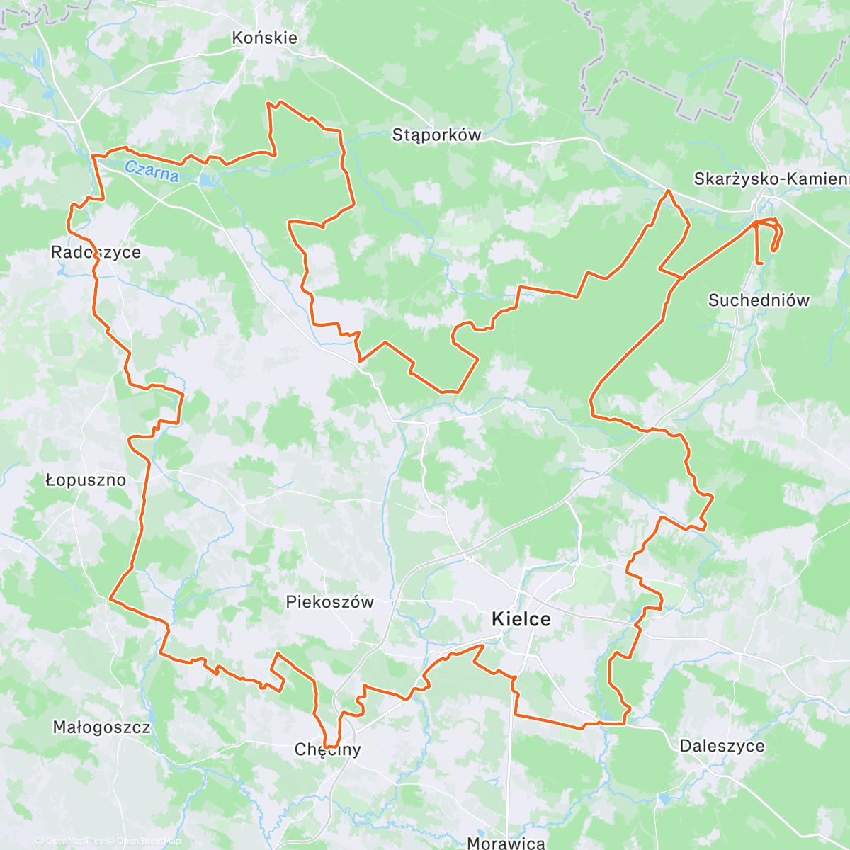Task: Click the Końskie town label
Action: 265,38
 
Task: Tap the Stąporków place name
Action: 436,135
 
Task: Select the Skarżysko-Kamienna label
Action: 771,179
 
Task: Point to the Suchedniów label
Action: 759,300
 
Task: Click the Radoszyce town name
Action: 96,252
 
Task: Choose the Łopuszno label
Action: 86,480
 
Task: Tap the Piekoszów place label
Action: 329,602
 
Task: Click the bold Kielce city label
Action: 521,620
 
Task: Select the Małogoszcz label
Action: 101,727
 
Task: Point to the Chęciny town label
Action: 328,749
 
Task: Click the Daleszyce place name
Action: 722,746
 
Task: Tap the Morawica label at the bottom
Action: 506,842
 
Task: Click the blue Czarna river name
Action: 151,171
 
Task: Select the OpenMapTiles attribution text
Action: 69,841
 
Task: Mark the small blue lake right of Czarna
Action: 205,180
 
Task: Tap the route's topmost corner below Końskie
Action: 268,103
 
